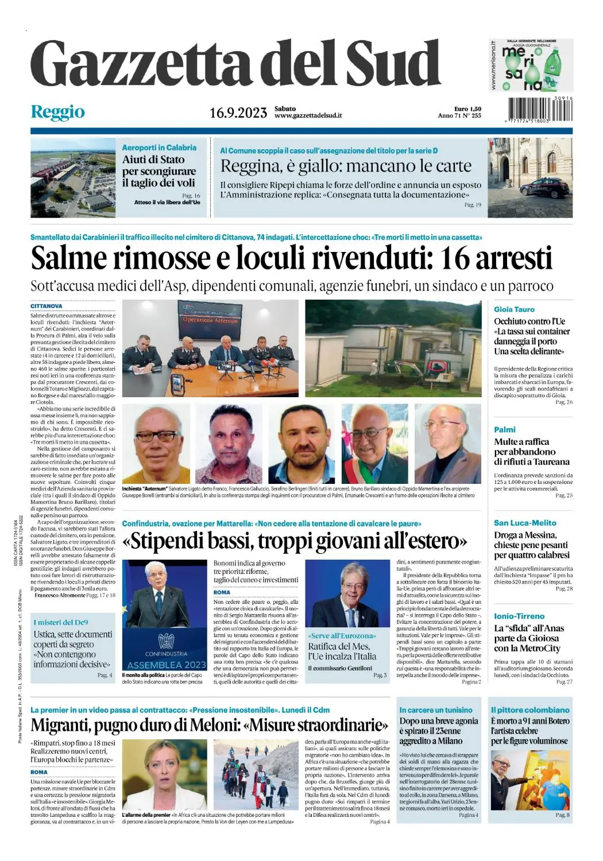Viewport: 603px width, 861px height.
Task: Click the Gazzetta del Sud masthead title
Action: point(235,64)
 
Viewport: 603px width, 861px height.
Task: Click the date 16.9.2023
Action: point(238,113)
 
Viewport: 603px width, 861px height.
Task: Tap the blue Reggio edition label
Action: point(57,112)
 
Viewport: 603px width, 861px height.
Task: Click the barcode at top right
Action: point(540,109)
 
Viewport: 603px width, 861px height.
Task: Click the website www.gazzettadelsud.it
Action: point(308,115)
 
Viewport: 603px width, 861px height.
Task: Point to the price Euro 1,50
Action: point(467,108)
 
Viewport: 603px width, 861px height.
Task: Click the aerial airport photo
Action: point(73,177)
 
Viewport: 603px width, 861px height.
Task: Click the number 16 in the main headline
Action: point(454,258)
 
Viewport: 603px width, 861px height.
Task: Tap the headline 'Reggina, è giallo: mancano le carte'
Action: point(346,166)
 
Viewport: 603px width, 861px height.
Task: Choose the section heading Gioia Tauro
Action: point(514,309)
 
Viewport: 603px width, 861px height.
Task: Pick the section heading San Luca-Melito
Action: point(525,523)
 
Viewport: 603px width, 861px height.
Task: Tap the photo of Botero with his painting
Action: point(529,780)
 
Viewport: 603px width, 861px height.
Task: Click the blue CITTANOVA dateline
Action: point(47,307)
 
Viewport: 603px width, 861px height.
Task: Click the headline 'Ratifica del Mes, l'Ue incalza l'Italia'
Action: point(342,651)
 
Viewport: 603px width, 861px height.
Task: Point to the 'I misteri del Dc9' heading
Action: point(61,622)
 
